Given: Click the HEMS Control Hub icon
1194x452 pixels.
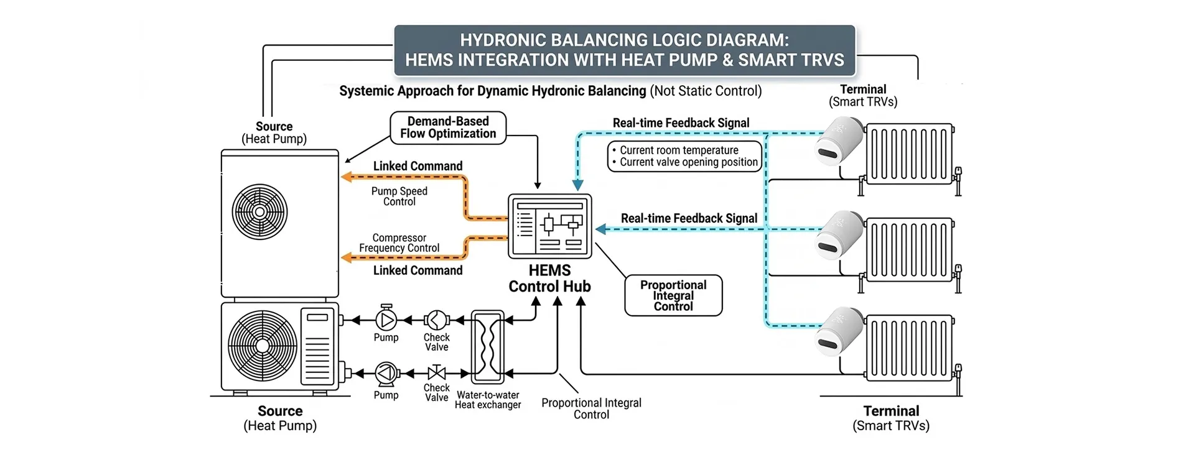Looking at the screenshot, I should pos(549,226).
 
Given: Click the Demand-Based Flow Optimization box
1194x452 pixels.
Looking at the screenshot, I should pos(448,127).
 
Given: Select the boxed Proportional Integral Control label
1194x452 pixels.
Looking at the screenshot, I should pos(673,295).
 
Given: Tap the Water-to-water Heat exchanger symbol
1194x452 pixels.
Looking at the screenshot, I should pos(488,347).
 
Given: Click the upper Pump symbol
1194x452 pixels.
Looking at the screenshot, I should pos(386,320).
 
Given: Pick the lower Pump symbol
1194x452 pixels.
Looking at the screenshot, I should pos(386,373).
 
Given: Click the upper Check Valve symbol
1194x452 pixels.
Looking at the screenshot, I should pos(436,320).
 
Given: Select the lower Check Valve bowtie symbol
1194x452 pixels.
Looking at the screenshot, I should pos(437,373).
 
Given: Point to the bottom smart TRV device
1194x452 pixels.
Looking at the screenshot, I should pos(839,330).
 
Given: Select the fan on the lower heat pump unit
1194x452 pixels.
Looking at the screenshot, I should pos(261,345).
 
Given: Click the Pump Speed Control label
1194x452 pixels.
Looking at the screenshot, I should pos(399,196).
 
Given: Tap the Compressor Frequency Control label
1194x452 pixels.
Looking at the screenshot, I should pos(399,243).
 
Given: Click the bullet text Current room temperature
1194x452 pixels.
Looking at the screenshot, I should pos(679,150).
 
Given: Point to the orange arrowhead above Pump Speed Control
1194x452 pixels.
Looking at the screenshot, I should pos(346,177).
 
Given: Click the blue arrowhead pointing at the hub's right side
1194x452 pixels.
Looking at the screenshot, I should pos(600,229).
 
